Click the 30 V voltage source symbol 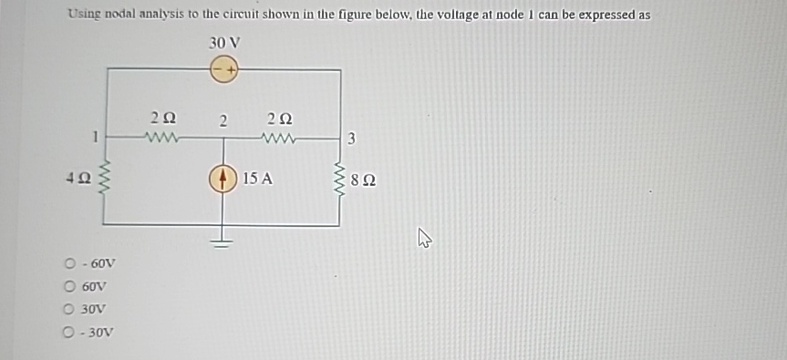(x=224, y=69)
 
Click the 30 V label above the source (x=224, y=44)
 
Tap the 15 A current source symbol (x=223, y=178)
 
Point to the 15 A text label (x=258, y=178)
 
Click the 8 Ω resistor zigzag (x=341, y=179)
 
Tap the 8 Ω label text (x=362, y=180)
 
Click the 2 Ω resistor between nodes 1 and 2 (x=164, y=139)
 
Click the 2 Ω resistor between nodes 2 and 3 (x=279, y=139)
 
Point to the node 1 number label (x=94, y=138)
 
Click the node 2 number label (x=223, y=120)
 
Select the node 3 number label (x=352, y=139)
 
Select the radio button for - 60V (x=69, y=264)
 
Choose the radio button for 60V (x=69, y=286)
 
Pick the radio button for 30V (x=69, y=309)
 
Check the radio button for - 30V (x=69, y=332)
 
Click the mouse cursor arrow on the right (x=423, y=239)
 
